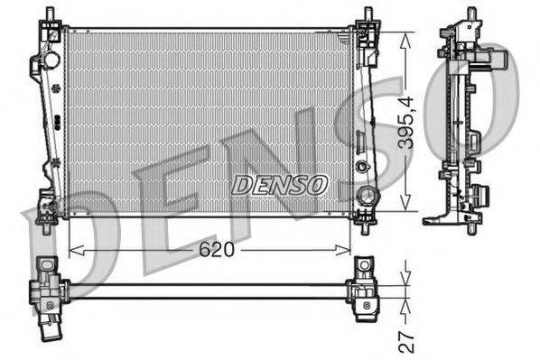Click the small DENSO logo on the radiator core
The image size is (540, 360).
click(x=279, y=184)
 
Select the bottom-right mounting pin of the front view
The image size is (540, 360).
click(x=365, y=222)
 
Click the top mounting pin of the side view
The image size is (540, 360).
click(x=470, y=16)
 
